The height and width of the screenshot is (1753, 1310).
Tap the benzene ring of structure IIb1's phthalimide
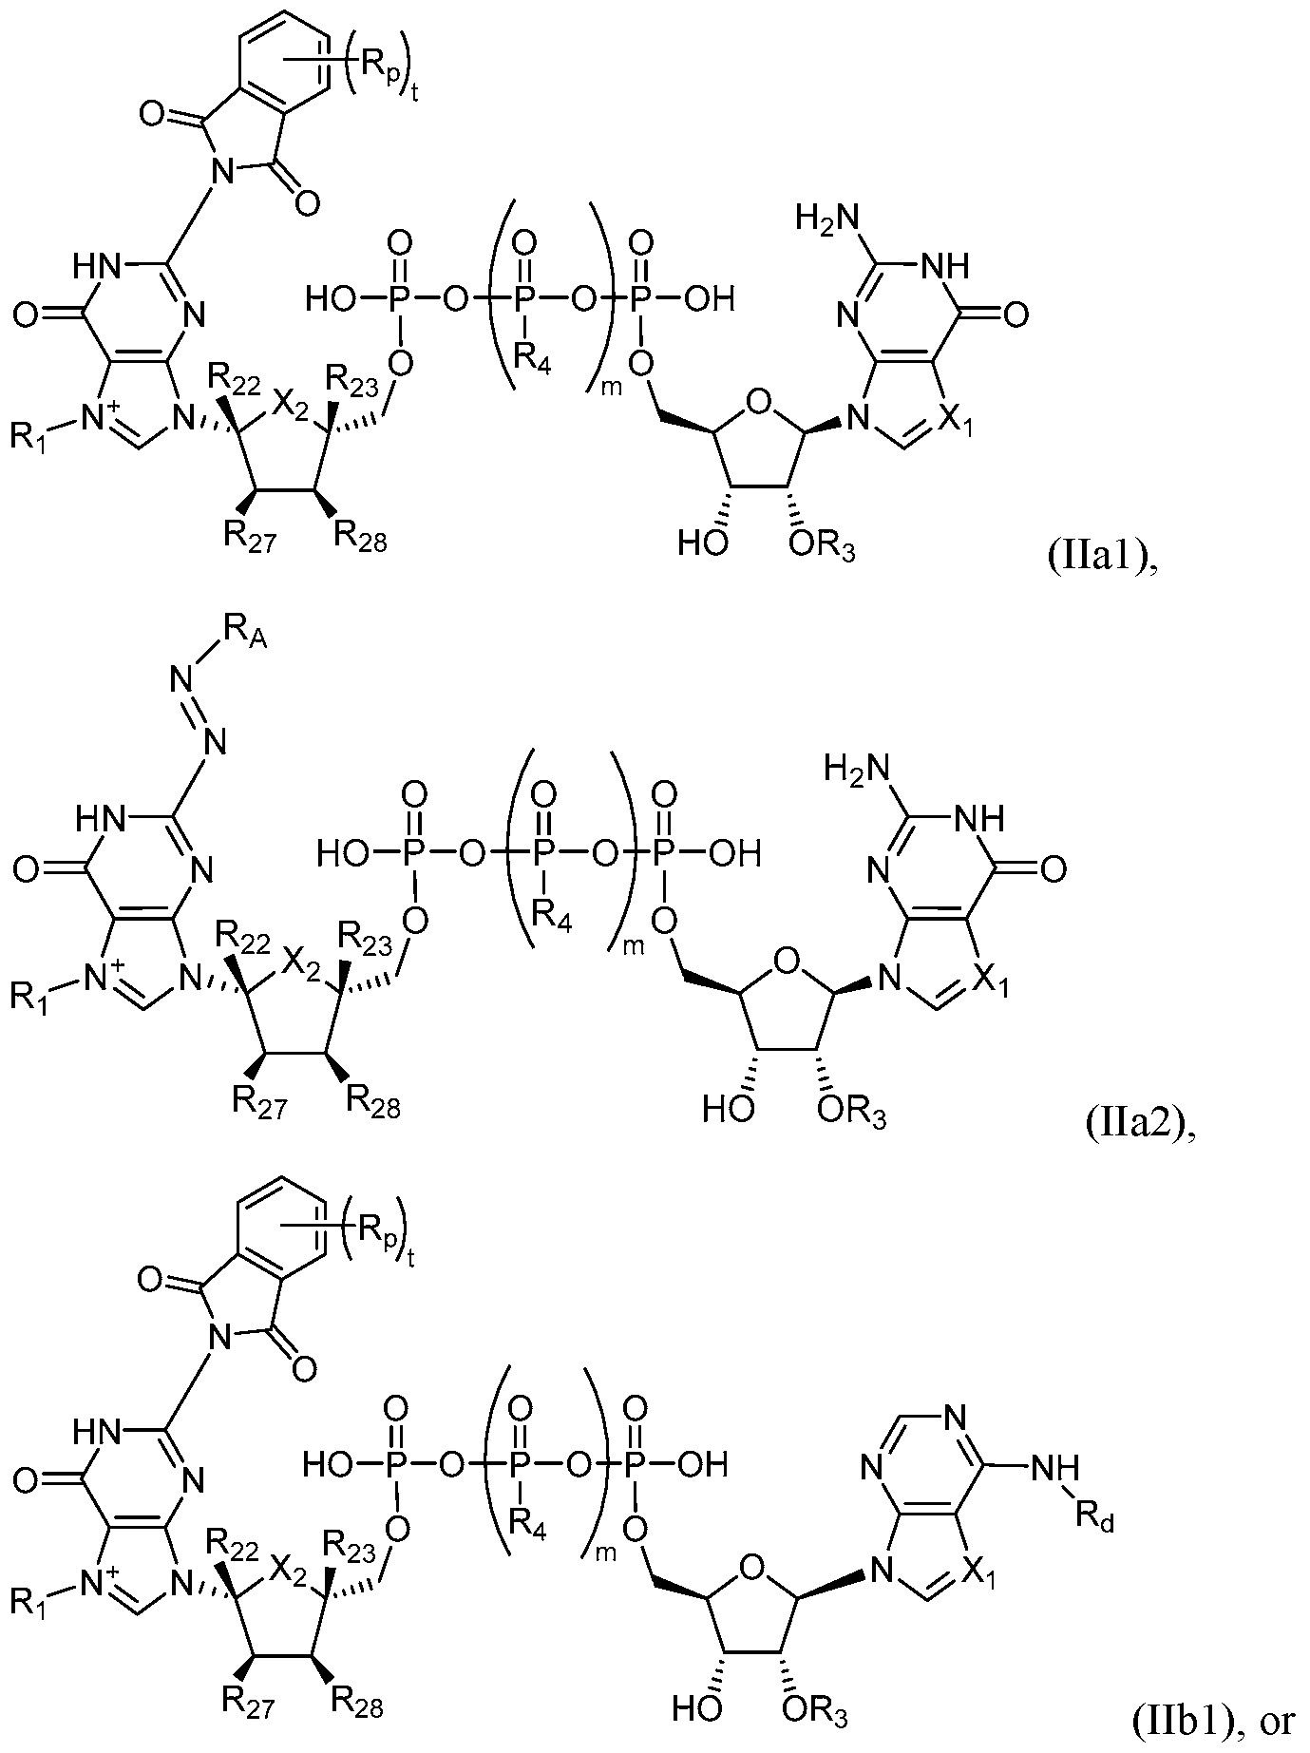pyautogui.click(x=284, y=1232)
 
